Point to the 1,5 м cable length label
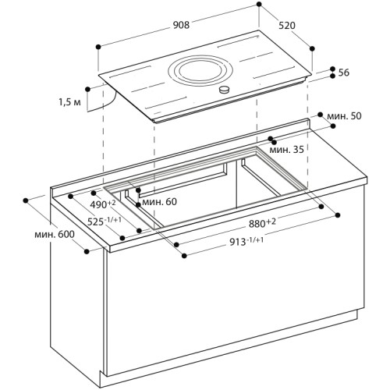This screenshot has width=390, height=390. [x=69, y=101]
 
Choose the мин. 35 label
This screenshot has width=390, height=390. [x=287, y=148]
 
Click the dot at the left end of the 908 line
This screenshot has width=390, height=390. [x=97, y=48]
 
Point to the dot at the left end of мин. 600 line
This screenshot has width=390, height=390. [x=27, y=199]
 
